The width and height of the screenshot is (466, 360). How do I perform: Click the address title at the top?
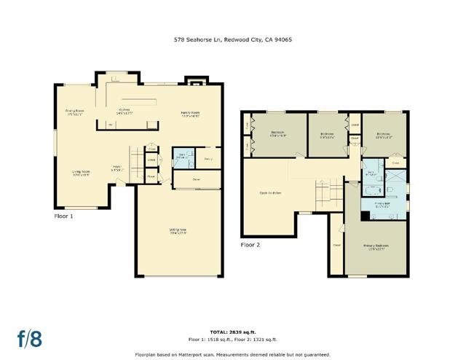233,40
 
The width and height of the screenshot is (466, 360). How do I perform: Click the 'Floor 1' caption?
64,216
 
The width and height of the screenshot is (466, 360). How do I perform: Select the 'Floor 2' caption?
250,245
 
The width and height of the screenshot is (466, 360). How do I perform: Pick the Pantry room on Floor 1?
208,158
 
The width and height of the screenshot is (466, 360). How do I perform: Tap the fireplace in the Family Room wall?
194,82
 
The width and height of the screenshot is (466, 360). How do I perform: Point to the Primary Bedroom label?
376,246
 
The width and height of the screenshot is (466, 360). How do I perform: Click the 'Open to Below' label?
270,193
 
